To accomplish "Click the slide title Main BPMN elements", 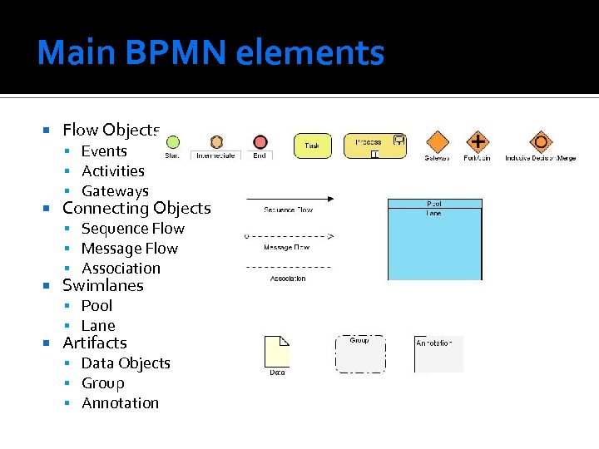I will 210,52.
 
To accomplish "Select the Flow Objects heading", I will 111,130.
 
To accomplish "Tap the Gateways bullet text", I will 115,191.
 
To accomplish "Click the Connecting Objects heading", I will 136,208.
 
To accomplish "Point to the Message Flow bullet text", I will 129,249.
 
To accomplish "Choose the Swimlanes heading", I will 103,285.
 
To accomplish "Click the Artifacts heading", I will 95,343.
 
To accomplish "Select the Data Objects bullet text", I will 126,363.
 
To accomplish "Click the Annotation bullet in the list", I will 120,403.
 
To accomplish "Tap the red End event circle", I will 260,142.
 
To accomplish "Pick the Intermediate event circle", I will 216,142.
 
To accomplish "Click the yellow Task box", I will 312,146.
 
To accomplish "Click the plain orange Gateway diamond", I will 438,142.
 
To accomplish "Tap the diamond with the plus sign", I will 477,141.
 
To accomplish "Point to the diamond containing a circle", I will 541,141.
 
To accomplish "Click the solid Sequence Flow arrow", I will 289,199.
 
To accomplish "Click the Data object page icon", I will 276,352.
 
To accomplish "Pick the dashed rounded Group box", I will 360,354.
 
